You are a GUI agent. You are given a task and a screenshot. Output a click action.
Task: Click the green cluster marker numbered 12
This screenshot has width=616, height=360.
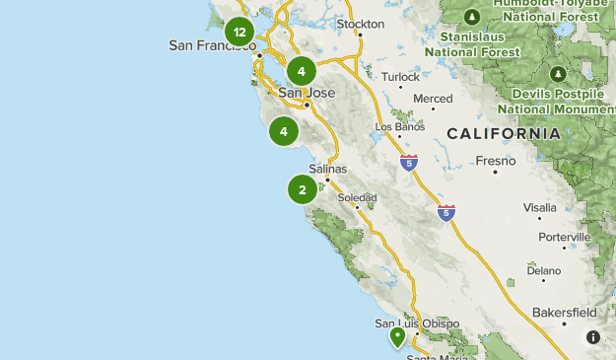click(240, 32)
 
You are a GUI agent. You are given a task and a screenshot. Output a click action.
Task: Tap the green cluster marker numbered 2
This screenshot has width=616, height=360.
click(302, 189)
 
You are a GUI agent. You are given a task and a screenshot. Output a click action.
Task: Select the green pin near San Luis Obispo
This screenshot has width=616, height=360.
click(397, 337)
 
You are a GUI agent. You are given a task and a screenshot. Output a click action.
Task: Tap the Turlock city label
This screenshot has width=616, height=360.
click(400, 76)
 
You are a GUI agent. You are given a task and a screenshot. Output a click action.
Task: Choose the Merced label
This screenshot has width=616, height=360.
click(433, 99)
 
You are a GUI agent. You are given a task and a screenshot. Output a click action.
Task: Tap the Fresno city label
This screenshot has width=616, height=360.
click(496, 161)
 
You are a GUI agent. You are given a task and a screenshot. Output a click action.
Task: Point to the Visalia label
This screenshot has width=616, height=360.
click(539, 207)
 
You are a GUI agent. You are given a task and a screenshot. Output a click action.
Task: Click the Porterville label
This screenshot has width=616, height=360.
click(564, 237)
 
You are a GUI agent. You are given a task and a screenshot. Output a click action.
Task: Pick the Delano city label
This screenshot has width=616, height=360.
click(543, 269)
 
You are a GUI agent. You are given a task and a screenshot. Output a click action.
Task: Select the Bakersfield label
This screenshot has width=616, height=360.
click(564, 313)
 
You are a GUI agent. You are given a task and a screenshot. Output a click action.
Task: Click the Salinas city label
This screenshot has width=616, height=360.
click(328, 169)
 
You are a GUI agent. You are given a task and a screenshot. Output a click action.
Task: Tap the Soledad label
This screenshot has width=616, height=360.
click(357, 197)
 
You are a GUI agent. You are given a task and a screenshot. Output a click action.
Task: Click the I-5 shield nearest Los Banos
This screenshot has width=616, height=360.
click(409, 161)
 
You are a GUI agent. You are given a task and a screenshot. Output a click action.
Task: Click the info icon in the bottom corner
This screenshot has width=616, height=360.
click(593, 337)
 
